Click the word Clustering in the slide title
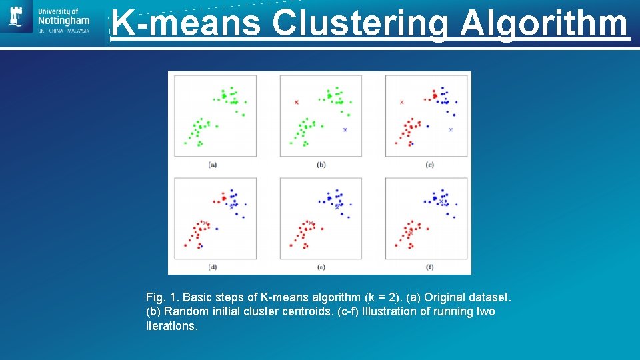360,23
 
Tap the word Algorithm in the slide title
544,23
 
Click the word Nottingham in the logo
64,22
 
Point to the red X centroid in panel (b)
297,102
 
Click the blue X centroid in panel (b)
345,129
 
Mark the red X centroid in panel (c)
401,102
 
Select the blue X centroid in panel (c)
451,129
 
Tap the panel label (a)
213,164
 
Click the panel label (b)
321,164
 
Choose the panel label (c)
429,164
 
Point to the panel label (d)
213,267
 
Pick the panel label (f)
429,267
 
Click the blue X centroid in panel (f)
441,201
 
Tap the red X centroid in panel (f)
410,233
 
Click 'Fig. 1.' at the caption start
162,297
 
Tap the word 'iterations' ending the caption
171,326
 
